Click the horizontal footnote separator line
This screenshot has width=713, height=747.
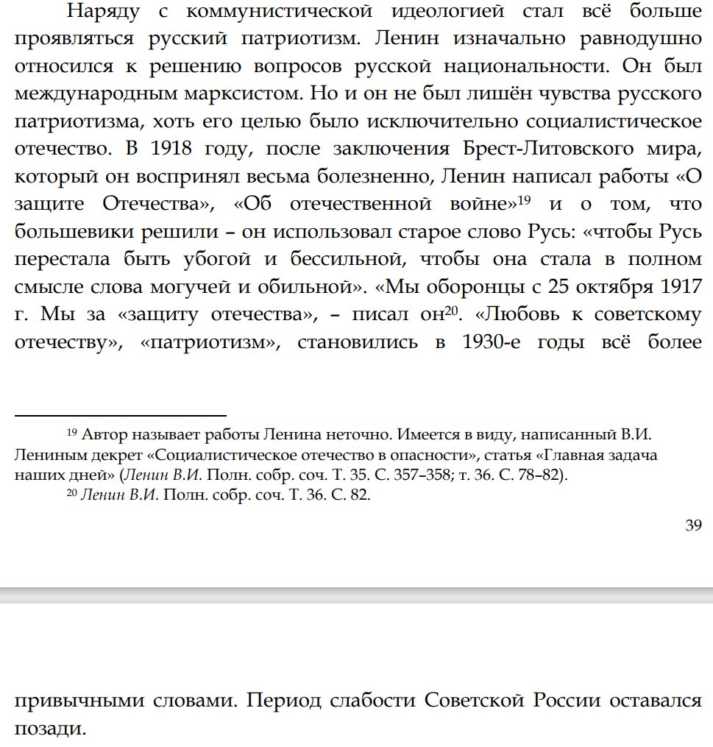(x=120, y=417)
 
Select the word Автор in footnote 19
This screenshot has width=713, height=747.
(x=102, y=433)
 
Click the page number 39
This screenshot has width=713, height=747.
(x=692, y=525)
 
